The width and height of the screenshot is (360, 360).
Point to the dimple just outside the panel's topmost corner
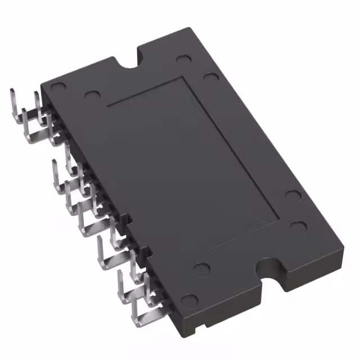coord(210,77)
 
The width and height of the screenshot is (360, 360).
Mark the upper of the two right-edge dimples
coord(292,196)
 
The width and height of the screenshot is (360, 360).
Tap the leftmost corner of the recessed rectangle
coord(107,105)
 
